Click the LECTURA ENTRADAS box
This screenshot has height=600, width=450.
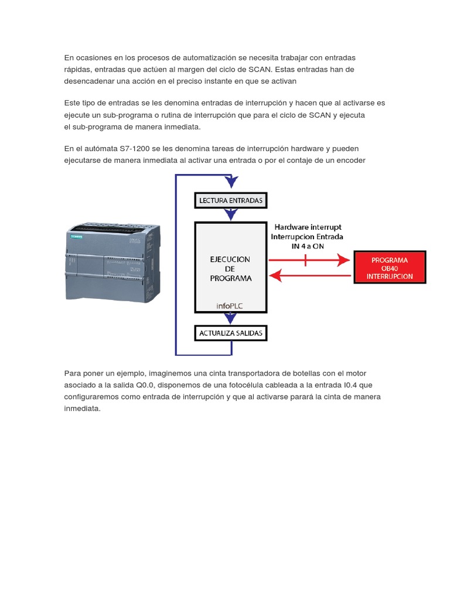[x=231, y=200]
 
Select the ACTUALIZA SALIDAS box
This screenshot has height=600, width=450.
[x=231, y=333]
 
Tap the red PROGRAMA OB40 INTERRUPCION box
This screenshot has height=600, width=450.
[x=390, y=268]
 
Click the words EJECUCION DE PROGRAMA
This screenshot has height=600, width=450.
[x=230, y=268]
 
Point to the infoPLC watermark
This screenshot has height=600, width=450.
[x=230, y=305]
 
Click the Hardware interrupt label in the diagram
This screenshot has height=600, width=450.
[x=308, y=227]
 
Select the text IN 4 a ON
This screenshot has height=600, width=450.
[x=308, y=246]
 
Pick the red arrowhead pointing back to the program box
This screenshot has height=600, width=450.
[x=277, y=274]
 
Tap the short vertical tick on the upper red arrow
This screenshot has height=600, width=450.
[x=305, y=260]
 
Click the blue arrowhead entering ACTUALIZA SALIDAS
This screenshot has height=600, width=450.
[x=231, y=320]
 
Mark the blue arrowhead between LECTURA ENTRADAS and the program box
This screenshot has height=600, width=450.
[x=231, y=215]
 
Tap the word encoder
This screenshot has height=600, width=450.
[x=350, y=161]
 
